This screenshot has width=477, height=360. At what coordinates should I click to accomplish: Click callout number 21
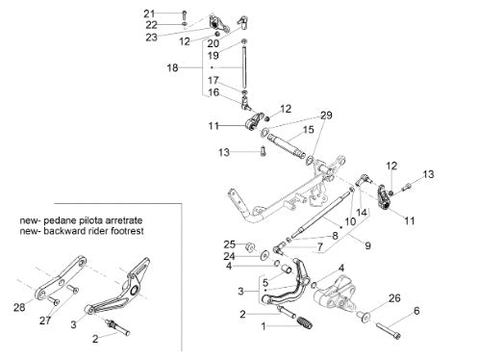149,13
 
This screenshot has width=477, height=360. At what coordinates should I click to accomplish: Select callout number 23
152,38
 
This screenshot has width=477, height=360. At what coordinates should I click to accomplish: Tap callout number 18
172,67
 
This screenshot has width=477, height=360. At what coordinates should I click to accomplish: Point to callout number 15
308,130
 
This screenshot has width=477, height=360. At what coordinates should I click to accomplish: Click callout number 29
326,116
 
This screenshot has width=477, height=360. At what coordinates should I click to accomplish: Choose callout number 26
394,298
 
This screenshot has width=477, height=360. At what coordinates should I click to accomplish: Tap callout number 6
416,311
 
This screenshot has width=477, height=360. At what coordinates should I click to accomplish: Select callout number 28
19,307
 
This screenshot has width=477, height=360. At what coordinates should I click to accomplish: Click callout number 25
230,244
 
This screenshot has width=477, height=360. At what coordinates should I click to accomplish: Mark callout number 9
367,245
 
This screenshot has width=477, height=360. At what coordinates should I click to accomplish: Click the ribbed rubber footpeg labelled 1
305,322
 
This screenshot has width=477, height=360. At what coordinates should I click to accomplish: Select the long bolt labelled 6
389,331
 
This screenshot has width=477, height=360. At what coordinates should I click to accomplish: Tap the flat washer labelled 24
265,255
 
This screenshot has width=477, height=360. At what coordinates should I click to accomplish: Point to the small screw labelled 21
184,14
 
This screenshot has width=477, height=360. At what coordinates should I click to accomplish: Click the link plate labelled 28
60,278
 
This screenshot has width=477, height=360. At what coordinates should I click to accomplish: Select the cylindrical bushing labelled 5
287,269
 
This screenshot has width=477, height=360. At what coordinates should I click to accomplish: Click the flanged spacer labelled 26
364,316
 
